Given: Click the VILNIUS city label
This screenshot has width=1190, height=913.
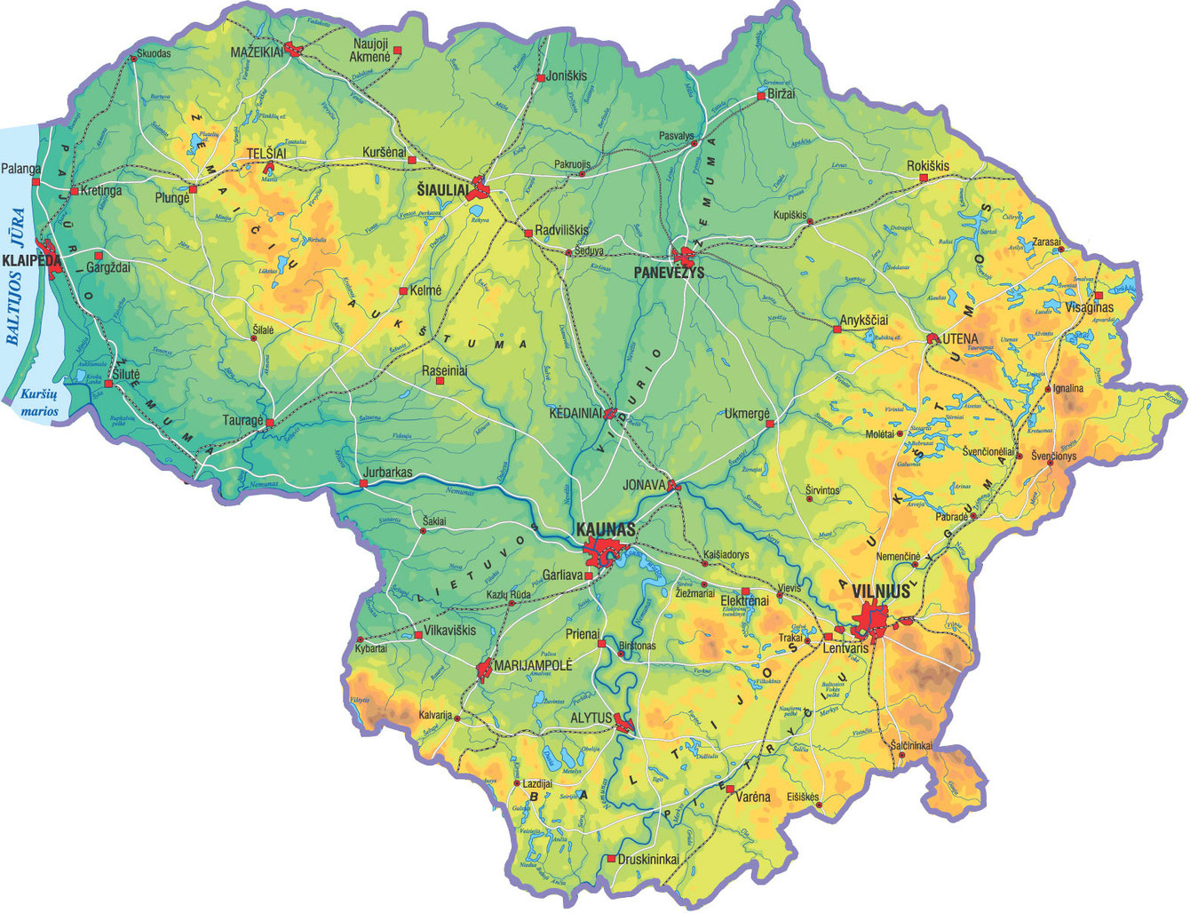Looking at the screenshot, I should [x=880, y=591].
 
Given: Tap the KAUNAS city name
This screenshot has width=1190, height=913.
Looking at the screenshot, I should [x=606, y=528].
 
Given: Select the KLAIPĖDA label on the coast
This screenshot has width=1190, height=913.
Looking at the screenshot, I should [x=33, y=260].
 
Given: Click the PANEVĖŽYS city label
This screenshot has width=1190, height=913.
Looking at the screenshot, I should [x=669, y=272].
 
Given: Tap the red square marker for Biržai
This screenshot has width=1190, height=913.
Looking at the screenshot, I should [x=761, y=95].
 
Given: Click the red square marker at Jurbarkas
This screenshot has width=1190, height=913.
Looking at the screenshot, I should [x=363, y=484].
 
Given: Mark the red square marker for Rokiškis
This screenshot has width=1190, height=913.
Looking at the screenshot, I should [x=924, y=179].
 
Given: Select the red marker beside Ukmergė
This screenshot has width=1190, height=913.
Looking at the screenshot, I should [x=770, y=424].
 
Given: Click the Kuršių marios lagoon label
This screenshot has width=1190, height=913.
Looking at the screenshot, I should [x=40, y=402].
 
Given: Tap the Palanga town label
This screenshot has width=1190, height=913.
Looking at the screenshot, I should [x=20, y=168].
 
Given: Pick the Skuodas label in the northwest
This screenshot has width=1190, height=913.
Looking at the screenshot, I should [x=155, y=53].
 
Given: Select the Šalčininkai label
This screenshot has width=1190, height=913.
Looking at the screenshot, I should [x=911, y=745].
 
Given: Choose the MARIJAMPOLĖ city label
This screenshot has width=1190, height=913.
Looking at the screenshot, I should [x=533, y=664].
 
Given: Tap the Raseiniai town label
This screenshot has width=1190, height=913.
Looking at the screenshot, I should [x=445, y=370].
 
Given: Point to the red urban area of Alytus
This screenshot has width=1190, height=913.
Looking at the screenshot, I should [x=624, y=726].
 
